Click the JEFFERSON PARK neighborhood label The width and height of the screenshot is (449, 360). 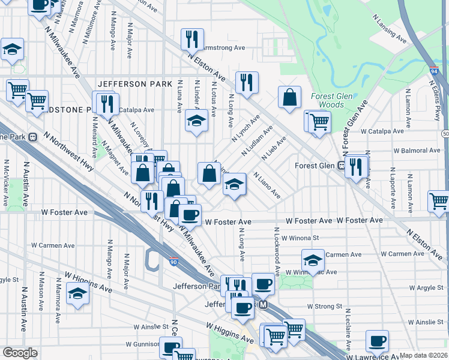pos(130,84)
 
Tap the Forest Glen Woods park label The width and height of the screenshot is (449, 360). pos(327,100)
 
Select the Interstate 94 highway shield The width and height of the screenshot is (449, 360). pos(433,71)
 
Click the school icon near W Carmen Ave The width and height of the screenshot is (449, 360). pos(313,260)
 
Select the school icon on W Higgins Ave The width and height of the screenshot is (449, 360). pos(77,293)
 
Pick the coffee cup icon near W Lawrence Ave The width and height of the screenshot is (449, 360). pos(378,341)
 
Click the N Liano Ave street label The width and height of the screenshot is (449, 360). pos(267,186)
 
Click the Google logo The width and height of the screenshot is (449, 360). pos(20,353)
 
